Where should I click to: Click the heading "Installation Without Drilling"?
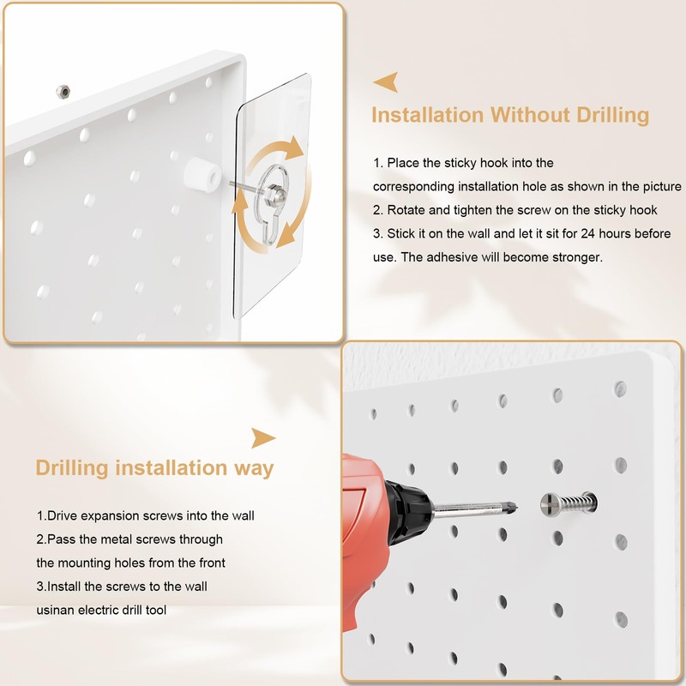tap(510, 115)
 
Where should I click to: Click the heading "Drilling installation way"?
tap(154, 468)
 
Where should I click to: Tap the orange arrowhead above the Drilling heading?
tap(262, 438)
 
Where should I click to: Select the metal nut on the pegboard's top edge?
tap(61, 91)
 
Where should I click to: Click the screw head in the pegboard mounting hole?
tap(552, 503)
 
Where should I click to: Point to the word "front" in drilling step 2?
tap(210, 563)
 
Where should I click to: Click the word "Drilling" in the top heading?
tap(605, 115)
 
